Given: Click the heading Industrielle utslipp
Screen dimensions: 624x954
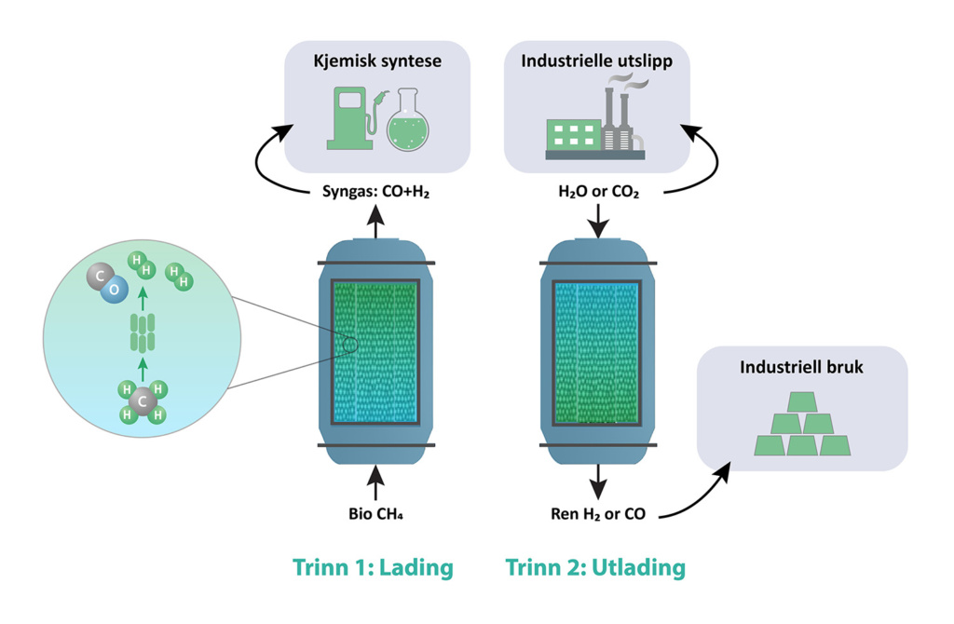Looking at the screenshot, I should point(596,62).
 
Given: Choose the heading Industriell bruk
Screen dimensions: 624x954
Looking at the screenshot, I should point(801,368).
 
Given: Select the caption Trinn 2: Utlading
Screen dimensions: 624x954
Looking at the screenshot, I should point(595,567).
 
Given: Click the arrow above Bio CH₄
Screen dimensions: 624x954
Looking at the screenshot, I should point(375,482).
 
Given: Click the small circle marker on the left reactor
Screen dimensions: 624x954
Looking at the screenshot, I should point(349,346).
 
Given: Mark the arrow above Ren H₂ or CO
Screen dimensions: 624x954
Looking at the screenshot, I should point(597,482).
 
